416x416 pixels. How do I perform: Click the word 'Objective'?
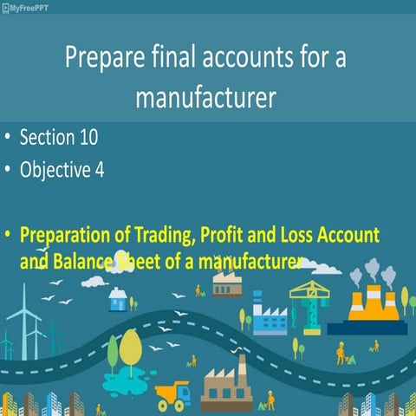[x=55, y=169]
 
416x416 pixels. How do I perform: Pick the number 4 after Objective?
[x=101, y=169]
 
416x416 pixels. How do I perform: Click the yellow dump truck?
[x=172, y=395]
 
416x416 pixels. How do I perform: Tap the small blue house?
[x=119, y=300]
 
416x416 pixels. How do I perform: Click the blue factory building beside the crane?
[x=269, y=318]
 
